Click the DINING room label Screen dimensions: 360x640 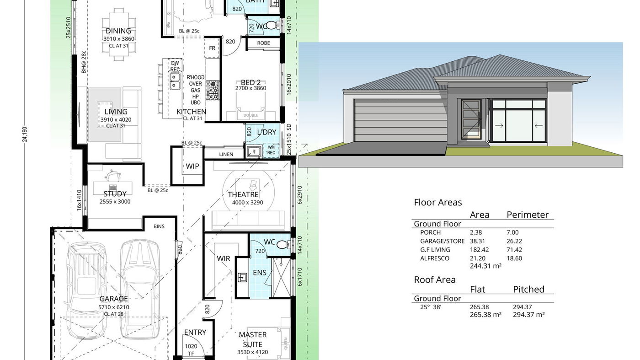pyautogui.click(x=118, y=31)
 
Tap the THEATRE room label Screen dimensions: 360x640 pyautogui.click(x=243, y=194)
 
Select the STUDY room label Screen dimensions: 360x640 pyautogui.click(x=115, y=194)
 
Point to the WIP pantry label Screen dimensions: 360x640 pyautogui.click(x=192, y=166)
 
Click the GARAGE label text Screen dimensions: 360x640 pyautogui.click(x=113, y=299)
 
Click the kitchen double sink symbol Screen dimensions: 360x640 pyautogui.click(x=175, y=82)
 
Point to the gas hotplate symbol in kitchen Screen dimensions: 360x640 pyautogui.click(x=213, y=90)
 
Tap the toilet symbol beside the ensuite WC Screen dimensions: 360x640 pyautogui.click(x=283, y=244)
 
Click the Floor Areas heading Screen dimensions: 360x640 pyautogui.click(x=437, y=202)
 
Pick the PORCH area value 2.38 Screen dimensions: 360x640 pyautogui.click(x=476, y=232)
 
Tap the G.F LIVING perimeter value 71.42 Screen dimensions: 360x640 pyautogui.click(x=514, y=250)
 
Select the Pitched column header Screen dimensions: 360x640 pyautogui.click(x=528, y=289)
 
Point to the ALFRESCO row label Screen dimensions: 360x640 pyautogui.click(x=435, y=258)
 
